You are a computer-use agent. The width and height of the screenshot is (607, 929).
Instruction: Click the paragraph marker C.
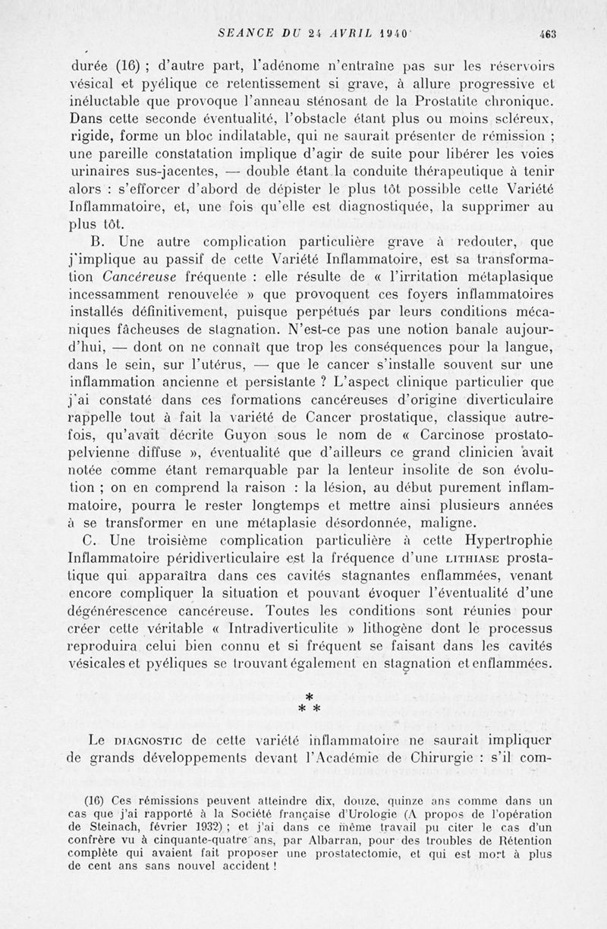[95, 540]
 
